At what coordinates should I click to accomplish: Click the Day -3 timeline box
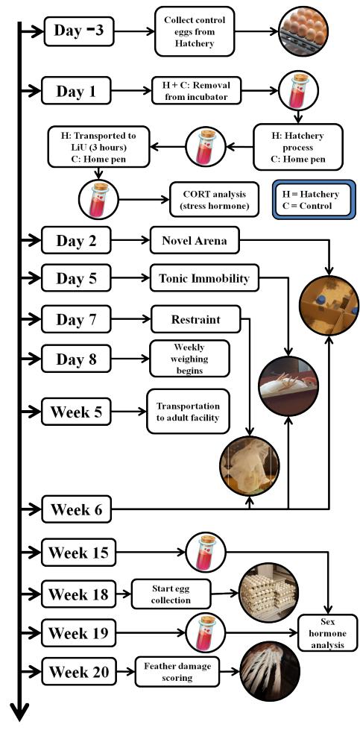point(79,32)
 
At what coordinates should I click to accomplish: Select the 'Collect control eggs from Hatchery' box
point(195,31)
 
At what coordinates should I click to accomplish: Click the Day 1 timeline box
point(76,90)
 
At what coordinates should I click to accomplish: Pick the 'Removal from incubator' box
point(196,91)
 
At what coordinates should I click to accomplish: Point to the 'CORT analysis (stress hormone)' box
point(215,200)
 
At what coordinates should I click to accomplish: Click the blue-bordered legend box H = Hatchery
point(314,199)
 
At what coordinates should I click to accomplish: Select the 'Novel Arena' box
point(195,240)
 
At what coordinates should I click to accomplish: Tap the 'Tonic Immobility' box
point(204,278)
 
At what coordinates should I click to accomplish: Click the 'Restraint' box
point(196,319)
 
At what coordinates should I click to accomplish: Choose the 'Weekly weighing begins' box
point(190,359)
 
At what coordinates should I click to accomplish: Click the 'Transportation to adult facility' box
point(189,411)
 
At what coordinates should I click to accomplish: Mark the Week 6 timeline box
point(77,509)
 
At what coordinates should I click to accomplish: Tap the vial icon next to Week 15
point(205,552)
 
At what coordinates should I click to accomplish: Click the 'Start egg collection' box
point(171,594)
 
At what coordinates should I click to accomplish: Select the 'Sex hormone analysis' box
point(328,632)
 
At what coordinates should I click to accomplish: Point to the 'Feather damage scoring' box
point(177,671)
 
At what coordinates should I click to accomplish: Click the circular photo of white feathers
point(270,672)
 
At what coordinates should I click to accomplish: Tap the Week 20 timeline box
point(78,671)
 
